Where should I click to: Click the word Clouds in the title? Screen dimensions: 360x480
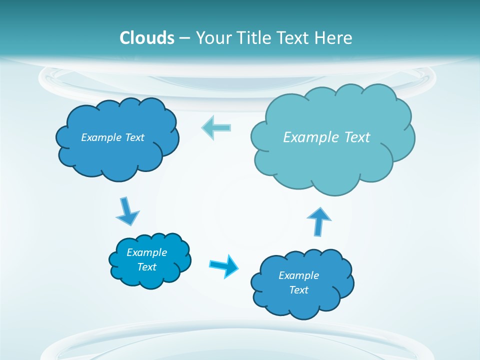point(147,38)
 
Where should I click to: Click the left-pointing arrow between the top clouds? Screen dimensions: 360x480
point(216,127)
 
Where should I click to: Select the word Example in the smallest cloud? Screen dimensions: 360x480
point(147,252)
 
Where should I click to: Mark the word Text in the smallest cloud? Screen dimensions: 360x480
point(147,267)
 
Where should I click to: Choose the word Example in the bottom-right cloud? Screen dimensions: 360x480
point(298,275)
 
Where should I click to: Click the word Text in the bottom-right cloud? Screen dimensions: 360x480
point(298,290)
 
